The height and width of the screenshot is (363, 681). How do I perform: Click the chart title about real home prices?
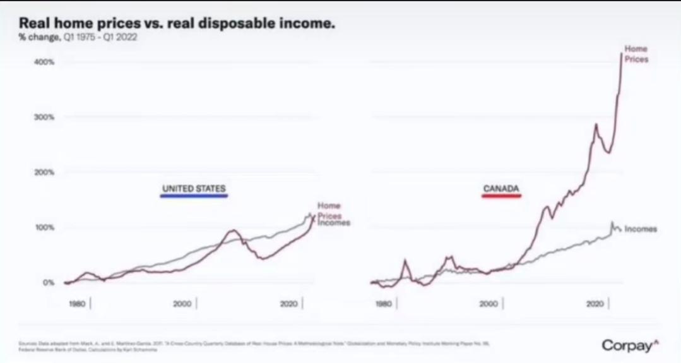tap(177, 23)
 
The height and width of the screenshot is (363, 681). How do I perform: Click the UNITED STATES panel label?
tap(194, 188)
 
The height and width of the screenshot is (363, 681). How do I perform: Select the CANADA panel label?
tap(501, 188)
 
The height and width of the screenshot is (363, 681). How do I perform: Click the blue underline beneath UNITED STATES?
tap(194, 196)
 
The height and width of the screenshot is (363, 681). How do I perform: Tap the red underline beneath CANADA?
tap(501, 196)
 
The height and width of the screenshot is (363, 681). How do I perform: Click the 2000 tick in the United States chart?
tap(182, 304)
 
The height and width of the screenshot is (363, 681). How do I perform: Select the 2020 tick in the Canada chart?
tap(595, 304)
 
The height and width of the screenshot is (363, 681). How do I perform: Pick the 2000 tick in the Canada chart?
tap(489, 304)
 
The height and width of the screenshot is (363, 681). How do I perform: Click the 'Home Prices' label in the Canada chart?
tap(636, 54)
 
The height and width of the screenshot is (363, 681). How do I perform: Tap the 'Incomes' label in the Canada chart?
tap(641, 229)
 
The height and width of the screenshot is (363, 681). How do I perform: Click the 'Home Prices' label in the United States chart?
tap(329, 210)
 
